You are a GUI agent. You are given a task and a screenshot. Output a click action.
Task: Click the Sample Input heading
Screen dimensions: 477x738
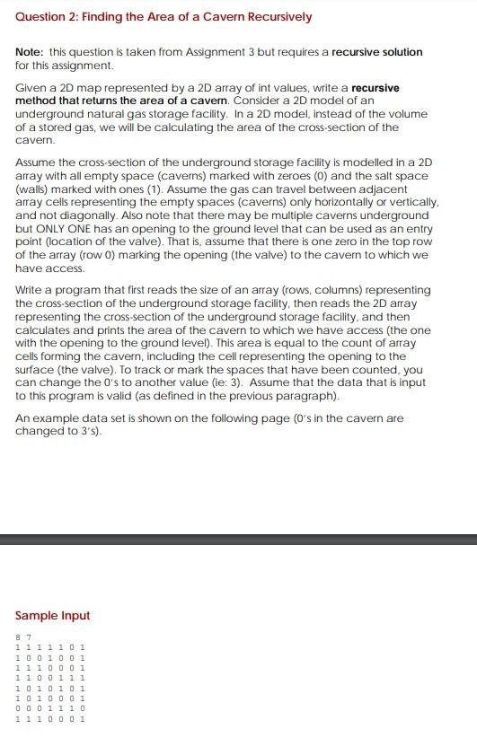coord(53,616)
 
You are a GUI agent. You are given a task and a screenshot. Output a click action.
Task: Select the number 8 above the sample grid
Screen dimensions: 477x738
coord(18,637)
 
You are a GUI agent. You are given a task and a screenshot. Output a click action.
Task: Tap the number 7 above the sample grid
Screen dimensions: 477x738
coord(29,637)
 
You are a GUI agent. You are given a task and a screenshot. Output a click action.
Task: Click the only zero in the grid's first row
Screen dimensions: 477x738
coord(72,646)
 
